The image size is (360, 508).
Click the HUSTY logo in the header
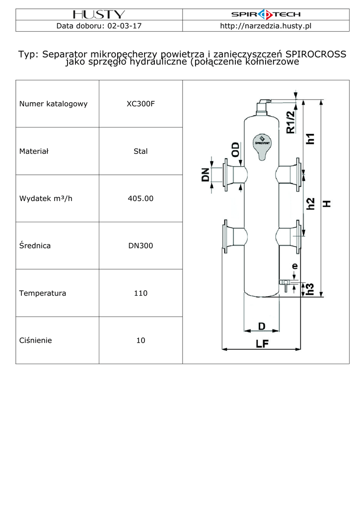[x=99, y=14]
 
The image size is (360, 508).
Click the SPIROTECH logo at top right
[x=266, y=14]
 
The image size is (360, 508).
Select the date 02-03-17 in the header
[x=125, y=26]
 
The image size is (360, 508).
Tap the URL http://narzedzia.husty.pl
[x=266, y=26]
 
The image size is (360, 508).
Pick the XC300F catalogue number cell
[x=141, y=104]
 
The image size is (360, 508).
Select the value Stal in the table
[x=141, y=151]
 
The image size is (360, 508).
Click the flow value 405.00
[x=141, y=198]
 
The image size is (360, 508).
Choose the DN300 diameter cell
[x=141, y=246]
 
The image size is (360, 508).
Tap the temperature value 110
[x=141, y=293]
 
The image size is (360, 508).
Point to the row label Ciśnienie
[x=35, y=340]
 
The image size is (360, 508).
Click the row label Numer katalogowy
[x=53, y=104]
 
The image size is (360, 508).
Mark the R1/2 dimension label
[x=291, y=122]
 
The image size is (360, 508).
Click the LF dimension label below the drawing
[x=262, y=343]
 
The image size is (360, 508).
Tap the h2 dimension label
[x=311, y=204]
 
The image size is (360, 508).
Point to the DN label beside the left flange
[x=205, y=175]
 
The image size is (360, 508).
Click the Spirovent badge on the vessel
[x=262, y=147]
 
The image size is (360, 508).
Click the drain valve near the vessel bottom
[x=285, y=285]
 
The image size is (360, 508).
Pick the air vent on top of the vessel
[x=263, y=107]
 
